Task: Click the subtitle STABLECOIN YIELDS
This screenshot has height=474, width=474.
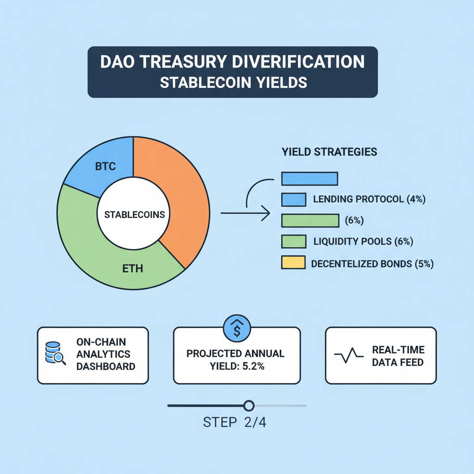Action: coord(233,83)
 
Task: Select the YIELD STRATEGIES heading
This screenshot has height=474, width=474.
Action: coord(329,152)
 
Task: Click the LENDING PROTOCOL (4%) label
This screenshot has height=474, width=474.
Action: coord(369,200)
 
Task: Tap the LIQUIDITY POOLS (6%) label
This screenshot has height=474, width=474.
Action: coord(363,242)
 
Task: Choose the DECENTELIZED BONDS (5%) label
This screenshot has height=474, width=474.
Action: coord(372,264)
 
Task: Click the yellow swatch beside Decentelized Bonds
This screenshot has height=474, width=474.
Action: coord(293,262)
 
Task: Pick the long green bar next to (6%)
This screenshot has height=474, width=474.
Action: coord(310,221)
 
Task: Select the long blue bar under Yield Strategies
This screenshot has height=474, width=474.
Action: coord(310,178)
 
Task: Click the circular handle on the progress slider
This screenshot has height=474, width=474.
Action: coord(249,406)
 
